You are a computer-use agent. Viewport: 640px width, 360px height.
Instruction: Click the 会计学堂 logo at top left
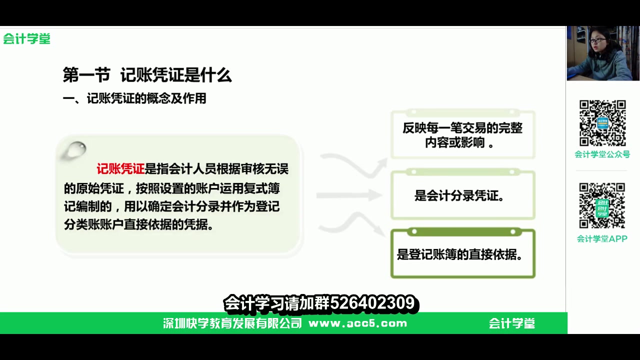point(27,39)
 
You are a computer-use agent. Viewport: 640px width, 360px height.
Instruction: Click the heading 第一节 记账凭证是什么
point(147,75)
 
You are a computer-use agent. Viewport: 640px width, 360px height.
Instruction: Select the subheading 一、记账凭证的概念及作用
point(134,98)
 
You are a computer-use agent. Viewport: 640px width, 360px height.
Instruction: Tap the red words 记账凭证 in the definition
point(120,169)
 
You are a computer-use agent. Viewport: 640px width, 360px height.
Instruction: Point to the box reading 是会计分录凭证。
point(462,195)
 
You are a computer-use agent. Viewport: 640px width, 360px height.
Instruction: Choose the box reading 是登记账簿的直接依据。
point(462,254)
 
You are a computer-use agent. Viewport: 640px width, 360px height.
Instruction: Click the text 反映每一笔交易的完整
point(462,128)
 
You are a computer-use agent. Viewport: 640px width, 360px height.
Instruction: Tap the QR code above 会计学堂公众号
point(602,123)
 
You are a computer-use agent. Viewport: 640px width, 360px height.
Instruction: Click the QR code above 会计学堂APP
point(602,205)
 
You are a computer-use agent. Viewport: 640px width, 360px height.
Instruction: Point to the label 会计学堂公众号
point(602,154)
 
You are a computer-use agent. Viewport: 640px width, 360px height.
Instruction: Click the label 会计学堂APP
point(602,238)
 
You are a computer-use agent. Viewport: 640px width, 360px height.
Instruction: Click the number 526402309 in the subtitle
point(372,303)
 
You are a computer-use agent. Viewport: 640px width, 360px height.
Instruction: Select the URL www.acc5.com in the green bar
point(357,323)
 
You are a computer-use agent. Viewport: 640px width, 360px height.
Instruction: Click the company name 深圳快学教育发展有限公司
point(232,323)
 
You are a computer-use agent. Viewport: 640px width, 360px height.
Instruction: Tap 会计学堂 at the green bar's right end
point(512,323)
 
